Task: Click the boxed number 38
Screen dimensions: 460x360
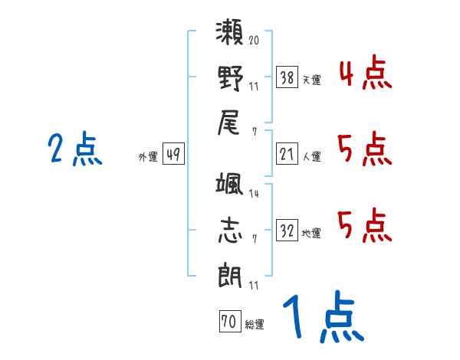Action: [x=287, y=77]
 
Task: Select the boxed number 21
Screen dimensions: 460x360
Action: [x=287, y=154]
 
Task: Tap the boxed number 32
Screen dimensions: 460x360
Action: [x=287, y=231]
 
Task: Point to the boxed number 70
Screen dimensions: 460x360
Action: [x=228, y=322]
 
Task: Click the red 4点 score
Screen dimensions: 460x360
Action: [x=365, y=74]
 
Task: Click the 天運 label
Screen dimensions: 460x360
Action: [x=311, y=80]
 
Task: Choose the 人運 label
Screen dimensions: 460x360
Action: [x=311, y=157]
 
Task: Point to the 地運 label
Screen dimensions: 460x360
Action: [x=311, y=234]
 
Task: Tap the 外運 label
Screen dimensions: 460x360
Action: [x=148, y=157]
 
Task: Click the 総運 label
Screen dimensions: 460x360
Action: [x=254, y=325]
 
